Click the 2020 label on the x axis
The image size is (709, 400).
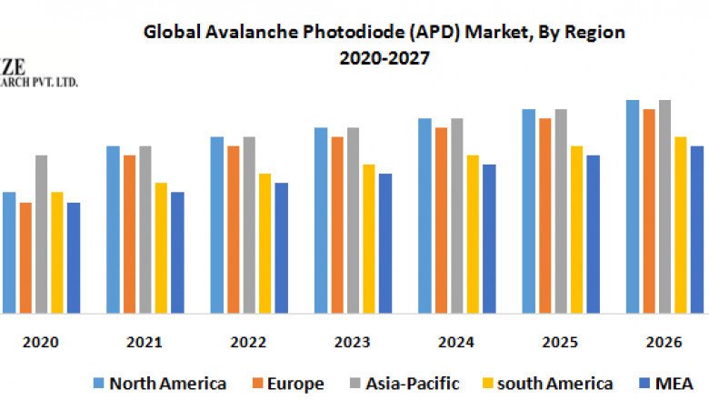(x=41, y=343)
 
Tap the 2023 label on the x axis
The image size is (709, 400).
(x=352, y=343)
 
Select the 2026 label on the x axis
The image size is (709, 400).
(x=664, y=343)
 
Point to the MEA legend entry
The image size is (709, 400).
(x=669, y=384)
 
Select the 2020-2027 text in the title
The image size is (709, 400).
(x=384, y=56)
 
